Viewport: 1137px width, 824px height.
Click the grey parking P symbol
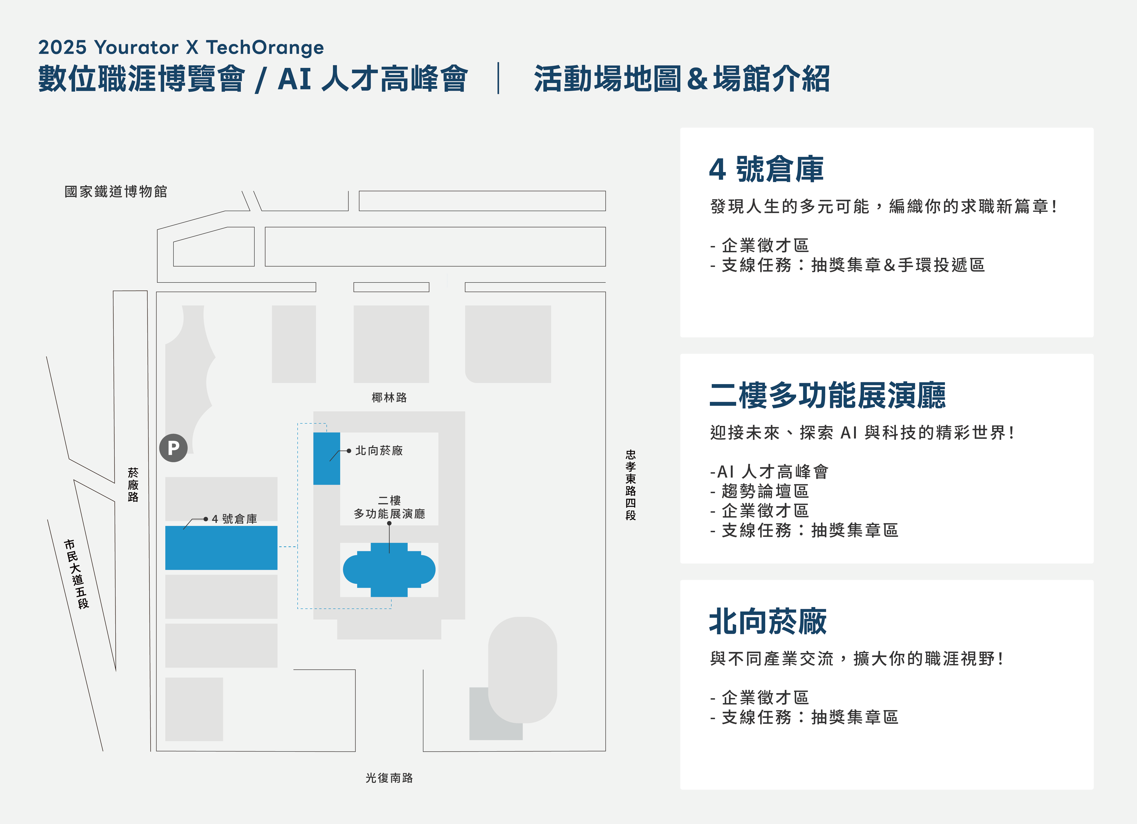[173, 448]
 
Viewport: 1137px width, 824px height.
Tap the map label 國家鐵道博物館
[116, 191]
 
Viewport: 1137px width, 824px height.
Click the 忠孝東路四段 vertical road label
[631, 485]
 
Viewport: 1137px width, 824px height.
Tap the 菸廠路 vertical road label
[133, 485]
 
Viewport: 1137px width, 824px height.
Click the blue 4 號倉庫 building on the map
[221, 547]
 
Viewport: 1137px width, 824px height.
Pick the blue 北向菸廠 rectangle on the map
[326, 458]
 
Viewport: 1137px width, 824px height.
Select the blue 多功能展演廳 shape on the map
[389, 569]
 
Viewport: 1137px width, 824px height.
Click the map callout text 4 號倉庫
[234, 519]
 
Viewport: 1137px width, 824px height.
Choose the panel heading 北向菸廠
[768, 621]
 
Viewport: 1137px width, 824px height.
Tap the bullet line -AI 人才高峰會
[769, 472]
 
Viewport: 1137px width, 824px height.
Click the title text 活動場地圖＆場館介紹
[682, 79]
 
